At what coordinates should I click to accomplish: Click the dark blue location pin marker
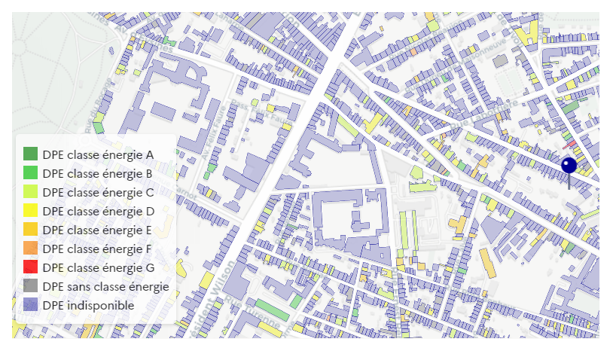pyautogui.click(x=569, y=166)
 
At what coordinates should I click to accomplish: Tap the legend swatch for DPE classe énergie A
pyautogui.click(x=31, y=154)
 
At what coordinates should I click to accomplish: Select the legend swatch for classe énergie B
pyautogui.click(x=31, y=173)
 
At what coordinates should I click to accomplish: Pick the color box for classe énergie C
pyautogui.click(x=31, y=192)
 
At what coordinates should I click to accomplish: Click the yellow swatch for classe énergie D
pyautogui.click(x=31, y=211)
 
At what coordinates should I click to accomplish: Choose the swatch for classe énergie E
pyautogui.click(x=31, y=230)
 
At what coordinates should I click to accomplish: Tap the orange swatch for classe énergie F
pyautogui.click(x=31, y=249)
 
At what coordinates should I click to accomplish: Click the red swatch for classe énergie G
pyautogui.click(x=31, y=267)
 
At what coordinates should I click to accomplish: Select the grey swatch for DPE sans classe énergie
pyautogui.click(x=31, y=286)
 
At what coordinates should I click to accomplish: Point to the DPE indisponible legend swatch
pyautogui.click(x=31, y=305)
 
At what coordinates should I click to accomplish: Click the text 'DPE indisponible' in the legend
pyautogui.click(x=88, y=305)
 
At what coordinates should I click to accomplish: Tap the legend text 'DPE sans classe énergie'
pyautogui.click(x=105, y=286)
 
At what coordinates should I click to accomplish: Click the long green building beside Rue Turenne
pyautogui.click(x=267, y=309)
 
